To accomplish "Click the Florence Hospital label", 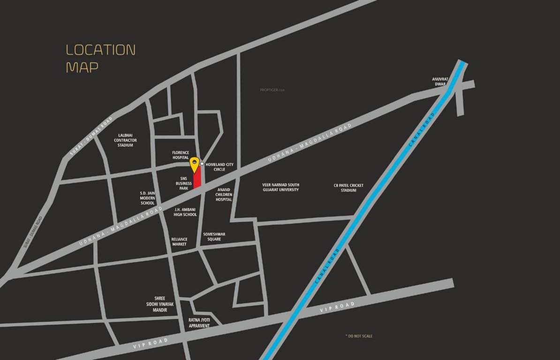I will [x=180, y=155].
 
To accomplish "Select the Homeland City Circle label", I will [x=219, y=166].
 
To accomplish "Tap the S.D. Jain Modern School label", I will [x=147, y=198].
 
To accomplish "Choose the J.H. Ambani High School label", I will [x=185, y=212].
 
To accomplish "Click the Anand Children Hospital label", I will [x=224, y=195].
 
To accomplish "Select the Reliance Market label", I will [x=179, y=241].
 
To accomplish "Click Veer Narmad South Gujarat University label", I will [x=280, y=187].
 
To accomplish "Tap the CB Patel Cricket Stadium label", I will [x=348, y=187].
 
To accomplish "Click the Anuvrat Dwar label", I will [x=440, y=82].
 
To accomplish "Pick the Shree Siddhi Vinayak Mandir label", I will [x=160, y=304].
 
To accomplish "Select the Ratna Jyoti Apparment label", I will [x=199, y=322].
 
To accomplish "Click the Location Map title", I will [x=100, y=58].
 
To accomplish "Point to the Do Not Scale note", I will [x=359, y=336].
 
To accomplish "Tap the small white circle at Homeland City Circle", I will [x=202, y=164].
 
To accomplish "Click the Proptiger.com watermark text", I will [x=272, y=90].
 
